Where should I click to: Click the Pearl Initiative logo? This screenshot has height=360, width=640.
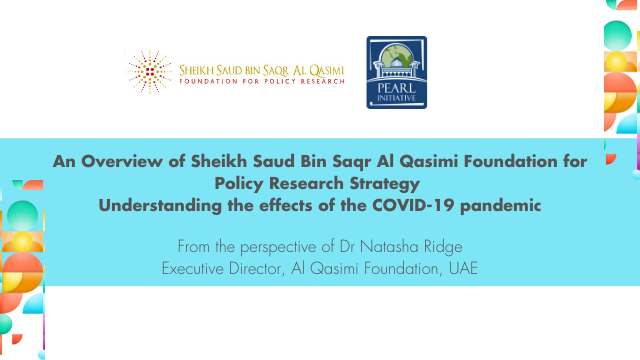(397, 72)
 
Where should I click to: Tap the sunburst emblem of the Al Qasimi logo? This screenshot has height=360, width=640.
(150, 72)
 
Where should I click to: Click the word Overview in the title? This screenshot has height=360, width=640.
(122, 161)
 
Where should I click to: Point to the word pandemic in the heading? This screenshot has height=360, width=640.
(500, 206)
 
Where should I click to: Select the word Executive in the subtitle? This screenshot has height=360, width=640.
(193, 269)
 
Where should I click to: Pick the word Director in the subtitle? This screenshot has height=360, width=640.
(257, 269)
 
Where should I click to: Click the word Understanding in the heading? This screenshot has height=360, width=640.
(160, 205)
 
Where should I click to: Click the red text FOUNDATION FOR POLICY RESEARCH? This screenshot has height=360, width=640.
(262, 81)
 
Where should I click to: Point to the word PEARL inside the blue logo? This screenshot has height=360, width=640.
(397, 88)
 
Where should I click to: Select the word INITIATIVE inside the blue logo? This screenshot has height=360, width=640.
(397, 98)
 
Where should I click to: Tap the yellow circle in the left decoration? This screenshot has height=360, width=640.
(22, 242)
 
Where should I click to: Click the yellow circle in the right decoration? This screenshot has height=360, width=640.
(616, 61)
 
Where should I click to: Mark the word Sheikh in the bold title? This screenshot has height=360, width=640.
(219, 161)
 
